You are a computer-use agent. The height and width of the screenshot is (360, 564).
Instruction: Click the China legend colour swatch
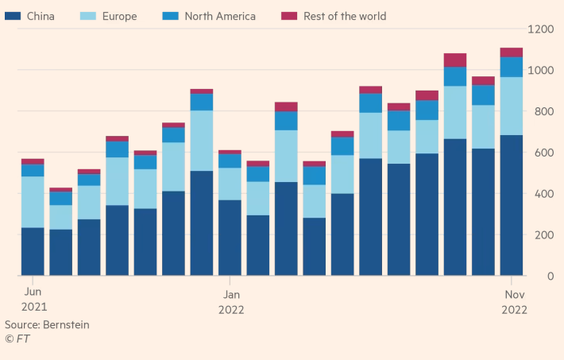pos(13,16)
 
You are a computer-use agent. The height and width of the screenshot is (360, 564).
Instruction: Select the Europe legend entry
pos(120,16)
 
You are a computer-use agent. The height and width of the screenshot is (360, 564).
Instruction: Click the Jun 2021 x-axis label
pos(33,300)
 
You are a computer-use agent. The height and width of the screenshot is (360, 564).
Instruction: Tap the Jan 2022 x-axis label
pos(230,300)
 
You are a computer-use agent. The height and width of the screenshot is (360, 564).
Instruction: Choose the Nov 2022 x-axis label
pos(512,300)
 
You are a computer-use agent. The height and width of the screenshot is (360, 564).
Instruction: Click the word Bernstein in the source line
pos(66,325)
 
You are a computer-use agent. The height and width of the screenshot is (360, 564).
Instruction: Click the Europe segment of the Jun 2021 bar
pos(33,202)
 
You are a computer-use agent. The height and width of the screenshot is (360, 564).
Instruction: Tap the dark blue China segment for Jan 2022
pos(230,238)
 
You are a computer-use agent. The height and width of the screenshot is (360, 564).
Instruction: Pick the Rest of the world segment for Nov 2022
pos(512,52)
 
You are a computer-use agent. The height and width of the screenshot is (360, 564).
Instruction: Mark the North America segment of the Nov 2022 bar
pos(512,67)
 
